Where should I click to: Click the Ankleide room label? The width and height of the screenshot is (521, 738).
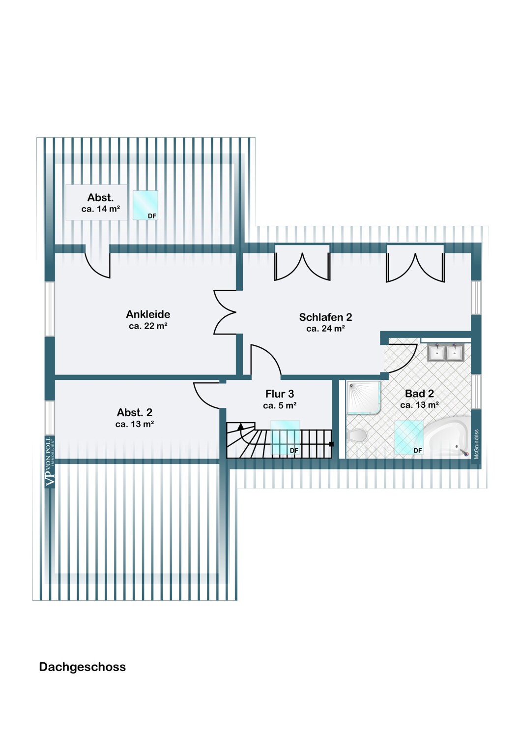[x=148, y=314]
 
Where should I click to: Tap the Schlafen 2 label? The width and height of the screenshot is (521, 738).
[x=325, y=317]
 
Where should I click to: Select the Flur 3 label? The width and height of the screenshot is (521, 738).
[x=280, y=394]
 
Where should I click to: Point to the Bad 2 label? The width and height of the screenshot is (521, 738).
[x=419, y=393]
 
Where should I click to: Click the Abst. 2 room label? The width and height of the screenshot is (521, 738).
[x=135, y=412]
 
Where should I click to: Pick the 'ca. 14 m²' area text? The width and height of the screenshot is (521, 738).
[x=100, y=209]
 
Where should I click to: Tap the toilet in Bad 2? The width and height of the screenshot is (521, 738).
[x=357, y=435]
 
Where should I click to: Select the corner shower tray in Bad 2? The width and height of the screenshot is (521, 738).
[x=363, y=398]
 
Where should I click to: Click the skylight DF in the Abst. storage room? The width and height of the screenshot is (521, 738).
[x=145, y=205]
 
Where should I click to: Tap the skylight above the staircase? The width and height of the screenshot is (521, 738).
[x=285, y=437]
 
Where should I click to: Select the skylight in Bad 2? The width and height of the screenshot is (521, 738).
[x=409, y=437]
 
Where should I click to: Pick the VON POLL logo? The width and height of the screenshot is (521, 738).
[x=50, y=461]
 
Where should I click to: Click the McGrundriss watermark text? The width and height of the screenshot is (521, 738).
[x=476, y=444]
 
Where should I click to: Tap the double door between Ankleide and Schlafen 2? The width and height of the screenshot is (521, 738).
[x=225, y=312]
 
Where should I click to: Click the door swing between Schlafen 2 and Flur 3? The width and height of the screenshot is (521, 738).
[x=266, y=360]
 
